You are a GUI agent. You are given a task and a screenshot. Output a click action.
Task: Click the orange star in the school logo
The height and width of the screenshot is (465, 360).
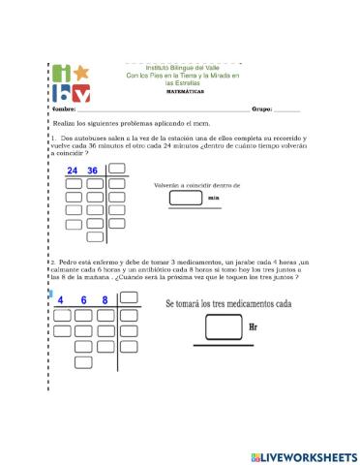tap(82, 73)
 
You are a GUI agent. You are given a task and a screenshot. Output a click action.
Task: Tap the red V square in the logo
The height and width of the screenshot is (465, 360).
tap(81, 94)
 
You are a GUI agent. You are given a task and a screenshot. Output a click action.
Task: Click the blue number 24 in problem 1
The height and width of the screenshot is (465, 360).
tap(74, 171)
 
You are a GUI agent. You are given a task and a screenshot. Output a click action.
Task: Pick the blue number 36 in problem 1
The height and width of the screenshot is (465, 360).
tap(94, 171)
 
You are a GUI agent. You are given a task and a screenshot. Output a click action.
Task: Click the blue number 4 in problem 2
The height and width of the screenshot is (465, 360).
tap(61, 300)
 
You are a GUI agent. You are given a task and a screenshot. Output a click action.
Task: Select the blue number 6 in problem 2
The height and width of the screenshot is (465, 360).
tap(83, 300)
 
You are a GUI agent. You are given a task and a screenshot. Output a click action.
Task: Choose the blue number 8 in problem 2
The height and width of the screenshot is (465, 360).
tap(105, 300)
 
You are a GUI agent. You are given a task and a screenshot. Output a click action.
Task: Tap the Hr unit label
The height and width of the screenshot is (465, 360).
tap(254, 327)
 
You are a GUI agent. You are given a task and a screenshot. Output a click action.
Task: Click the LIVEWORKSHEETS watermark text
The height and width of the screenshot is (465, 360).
tap(308, 455)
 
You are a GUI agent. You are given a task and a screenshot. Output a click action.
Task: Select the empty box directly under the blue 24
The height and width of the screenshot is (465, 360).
tap(74, 184)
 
